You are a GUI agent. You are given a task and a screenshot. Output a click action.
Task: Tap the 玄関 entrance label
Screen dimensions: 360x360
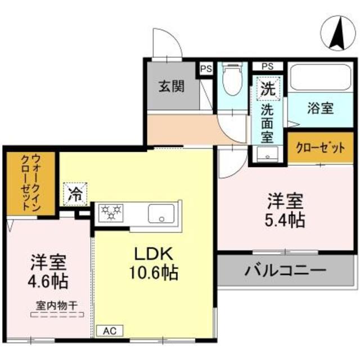point(171,87)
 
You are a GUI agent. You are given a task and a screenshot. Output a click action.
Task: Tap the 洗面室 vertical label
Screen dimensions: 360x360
point(268,121)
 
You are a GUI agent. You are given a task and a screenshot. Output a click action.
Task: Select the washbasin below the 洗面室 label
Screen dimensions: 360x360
point(267,153)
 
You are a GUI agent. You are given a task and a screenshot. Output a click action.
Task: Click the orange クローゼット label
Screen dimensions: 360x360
point(319,149)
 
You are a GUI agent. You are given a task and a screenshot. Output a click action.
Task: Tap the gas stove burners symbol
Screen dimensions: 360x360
point(111,213)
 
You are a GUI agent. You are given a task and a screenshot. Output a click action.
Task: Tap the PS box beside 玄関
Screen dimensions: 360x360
point(206,69)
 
